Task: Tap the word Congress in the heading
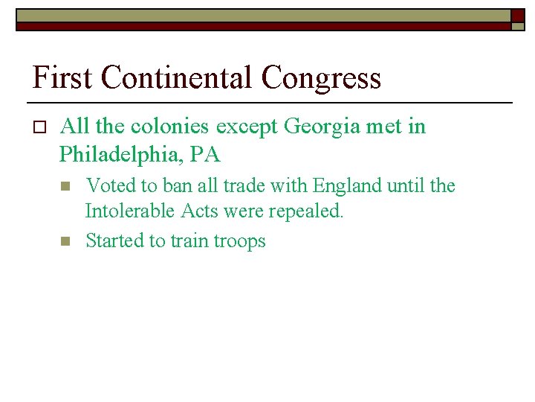(321, 77)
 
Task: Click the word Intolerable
(130, 211)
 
